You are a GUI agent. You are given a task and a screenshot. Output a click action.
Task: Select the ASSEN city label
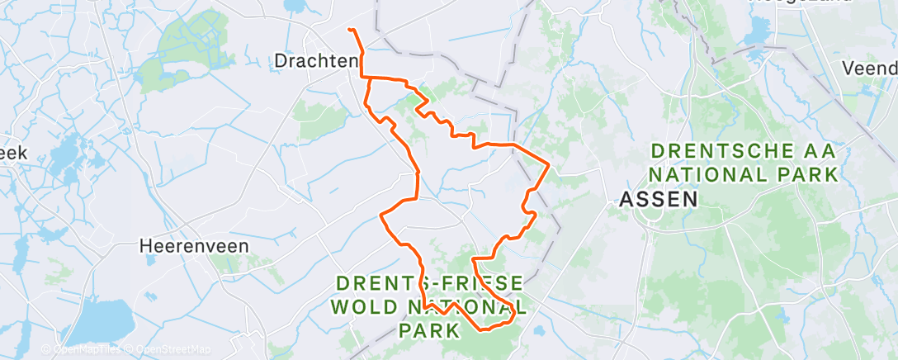[659, 199]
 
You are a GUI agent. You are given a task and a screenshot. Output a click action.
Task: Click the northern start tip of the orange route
[350, 30]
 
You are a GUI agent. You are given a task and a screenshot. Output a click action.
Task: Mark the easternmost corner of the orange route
[549, 165]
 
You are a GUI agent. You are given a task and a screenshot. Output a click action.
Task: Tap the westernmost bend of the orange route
[380, 215]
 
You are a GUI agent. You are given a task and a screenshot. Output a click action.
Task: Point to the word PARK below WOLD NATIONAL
[429, 331]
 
